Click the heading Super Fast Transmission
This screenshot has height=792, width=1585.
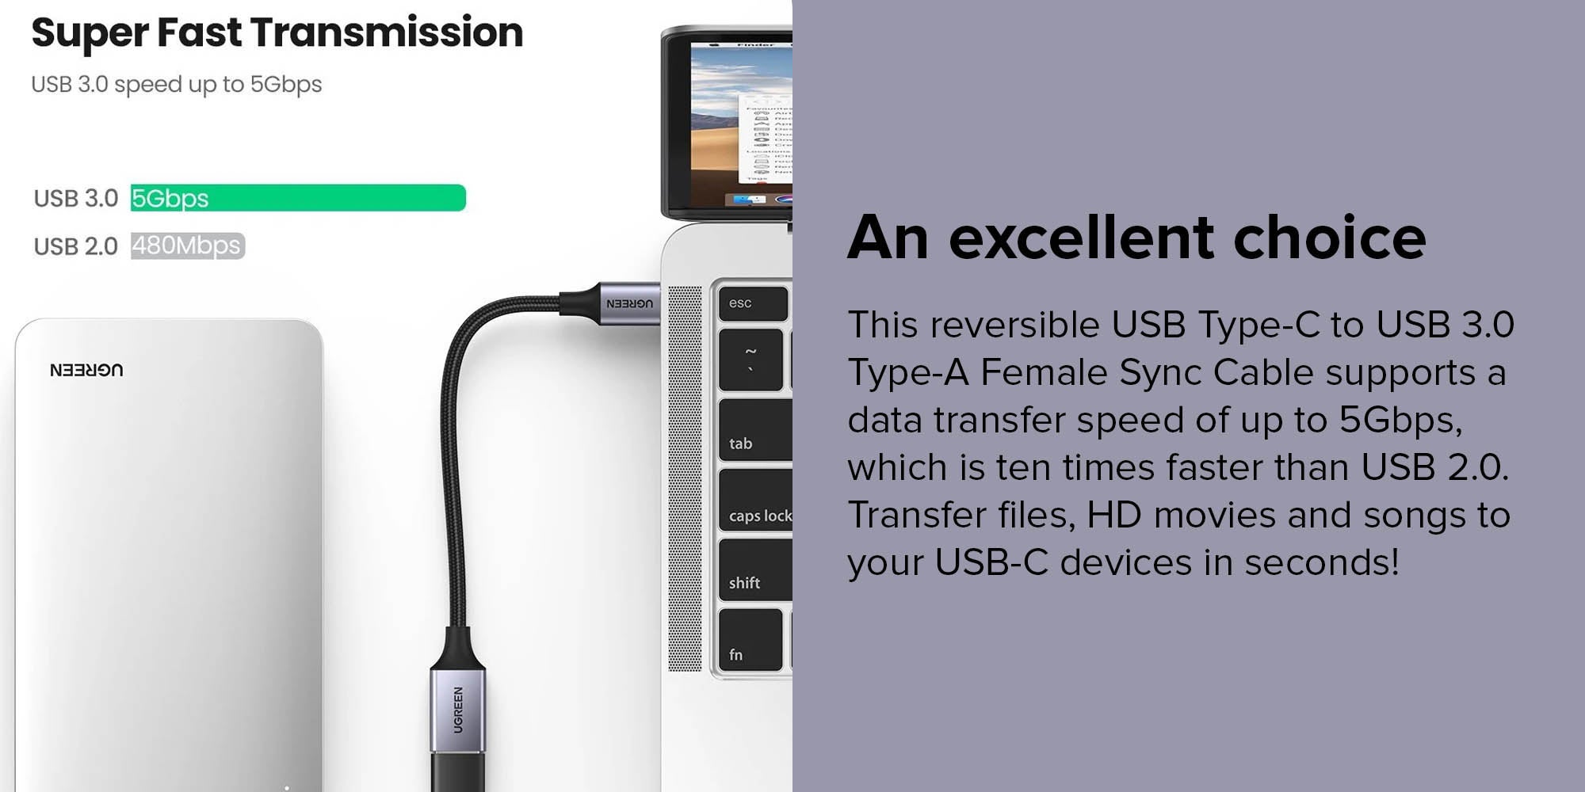coord(277,33)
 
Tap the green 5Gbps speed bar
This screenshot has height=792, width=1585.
coord(298,197)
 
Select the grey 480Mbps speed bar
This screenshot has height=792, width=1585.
coord(188,246)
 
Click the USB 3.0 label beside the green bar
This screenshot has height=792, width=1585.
coord(76,198)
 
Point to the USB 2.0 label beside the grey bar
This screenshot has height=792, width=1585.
coord(76,246)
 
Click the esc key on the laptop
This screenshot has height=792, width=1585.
coord(753,303)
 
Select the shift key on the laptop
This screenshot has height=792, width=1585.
coord(755,569)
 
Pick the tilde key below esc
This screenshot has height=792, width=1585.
coord(750,360)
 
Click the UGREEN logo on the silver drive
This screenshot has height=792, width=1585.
coord(86,370)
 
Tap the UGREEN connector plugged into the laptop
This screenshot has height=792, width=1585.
coord(610,303)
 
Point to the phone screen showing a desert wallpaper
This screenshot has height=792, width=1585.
coord(741,123)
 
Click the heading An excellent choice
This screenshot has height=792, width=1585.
coord(1136,237)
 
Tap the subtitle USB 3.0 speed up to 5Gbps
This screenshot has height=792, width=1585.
coord(177,84)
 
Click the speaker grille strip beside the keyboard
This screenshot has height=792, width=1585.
coord(685,478)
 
